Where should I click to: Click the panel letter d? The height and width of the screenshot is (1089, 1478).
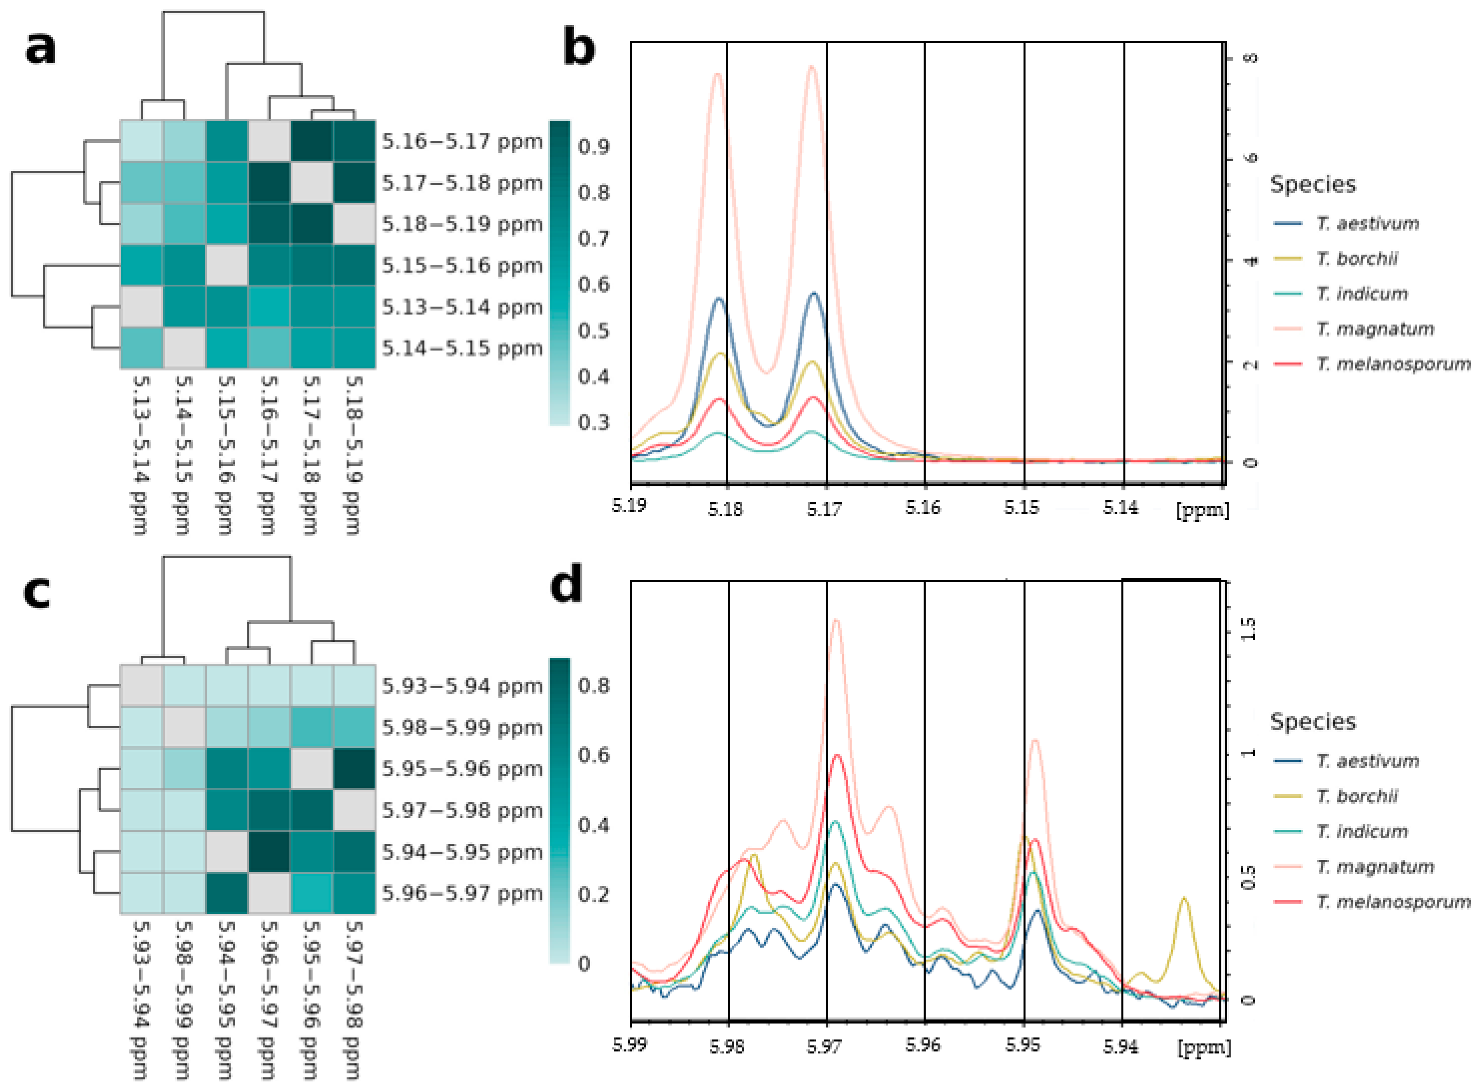click(567, 584)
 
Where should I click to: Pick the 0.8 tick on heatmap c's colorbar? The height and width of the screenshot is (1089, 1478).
click(594, 686)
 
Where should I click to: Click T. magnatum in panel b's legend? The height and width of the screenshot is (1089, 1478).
click(1375, 328)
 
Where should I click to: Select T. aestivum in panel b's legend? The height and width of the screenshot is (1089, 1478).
click(1367, 223)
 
